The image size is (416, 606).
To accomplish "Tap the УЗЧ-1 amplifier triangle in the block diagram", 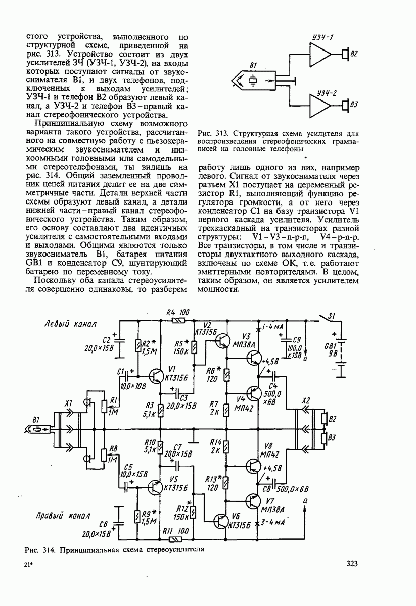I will point(320,53).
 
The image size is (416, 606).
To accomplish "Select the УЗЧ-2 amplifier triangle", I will point(320,106).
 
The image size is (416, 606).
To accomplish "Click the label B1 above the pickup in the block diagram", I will point(254,66).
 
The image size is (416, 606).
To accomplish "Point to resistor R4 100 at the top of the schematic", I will point(177,320).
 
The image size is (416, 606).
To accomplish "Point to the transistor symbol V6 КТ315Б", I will point(223,521).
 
